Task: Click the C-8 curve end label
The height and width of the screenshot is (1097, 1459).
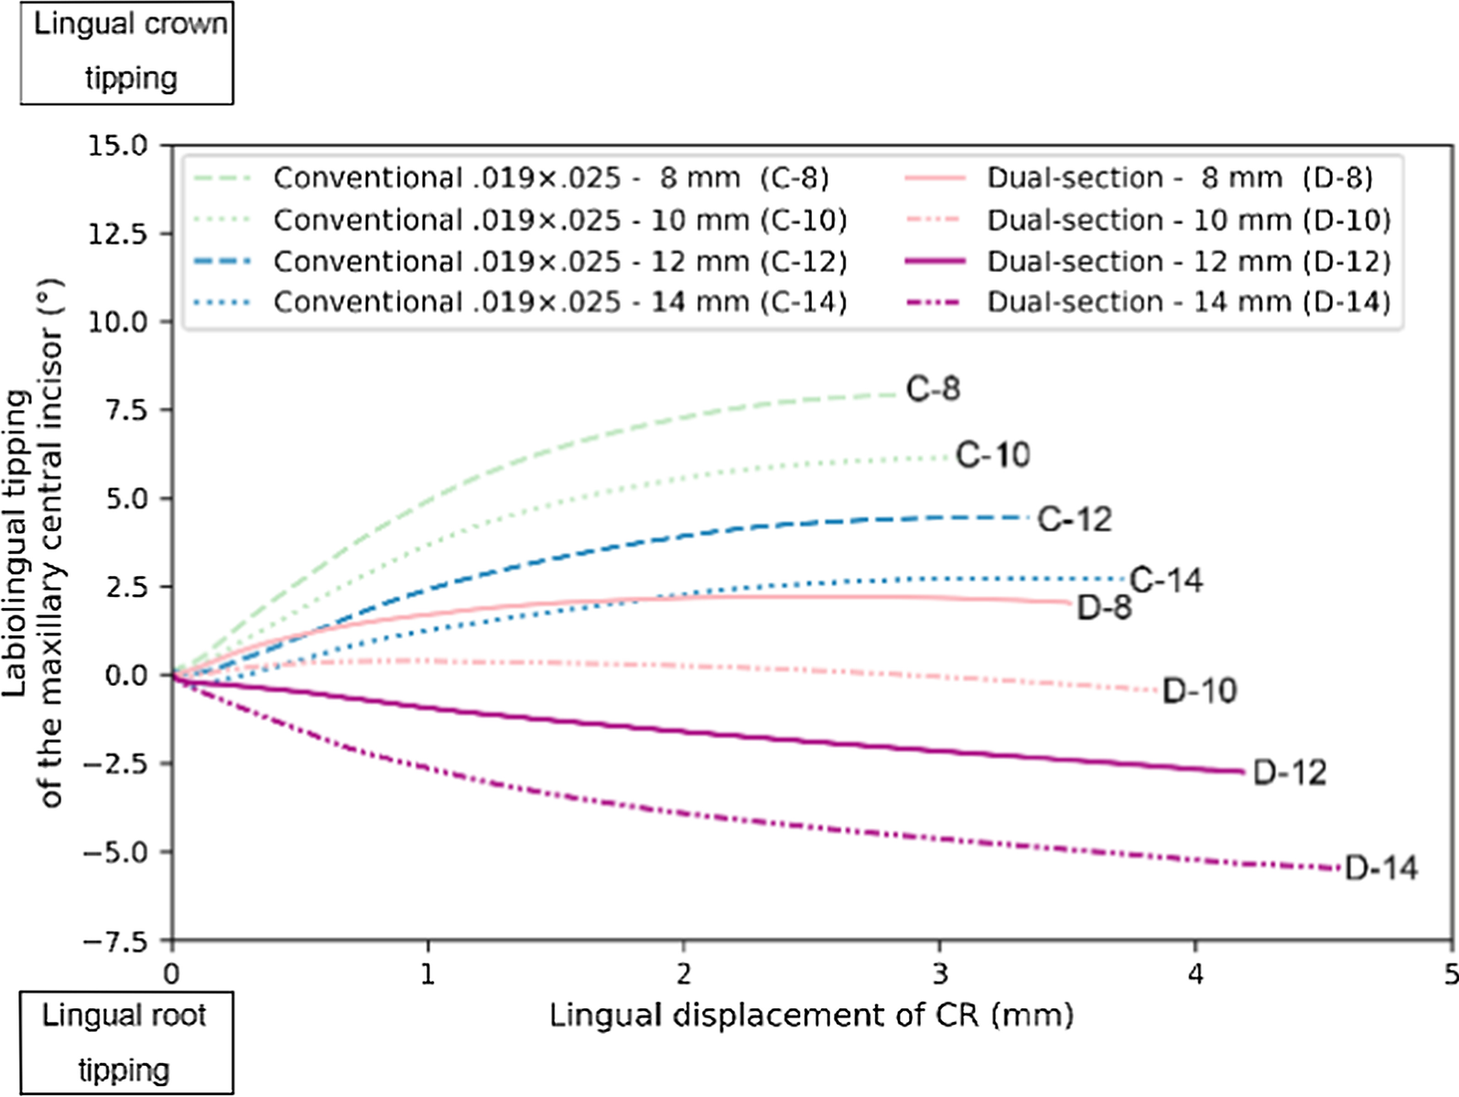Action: (x=933, y=389)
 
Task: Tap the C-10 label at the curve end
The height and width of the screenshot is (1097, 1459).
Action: (x=992, y=454)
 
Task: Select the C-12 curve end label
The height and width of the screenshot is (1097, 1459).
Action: (x=1075, y=519)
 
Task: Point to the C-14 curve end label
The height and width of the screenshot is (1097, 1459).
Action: (x=1166, y=580)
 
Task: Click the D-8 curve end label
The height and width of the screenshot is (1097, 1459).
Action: (x=1104, y=607)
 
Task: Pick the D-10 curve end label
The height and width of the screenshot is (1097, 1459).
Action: (x=1199, y=690)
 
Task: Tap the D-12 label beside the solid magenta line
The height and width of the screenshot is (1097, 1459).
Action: (x=1289, y=773)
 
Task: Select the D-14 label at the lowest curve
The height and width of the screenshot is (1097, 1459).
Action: (x=1381, y=868)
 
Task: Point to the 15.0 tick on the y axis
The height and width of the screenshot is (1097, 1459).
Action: (x=117, y=146)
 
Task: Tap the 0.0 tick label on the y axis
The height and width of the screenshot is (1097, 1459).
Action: (x=126, y=676)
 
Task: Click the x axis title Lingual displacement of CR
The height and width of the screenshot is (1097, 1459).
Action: (x=811, y=1016)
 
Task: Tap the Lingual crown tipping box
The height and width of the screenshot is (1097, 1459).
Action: (x=127, y=51)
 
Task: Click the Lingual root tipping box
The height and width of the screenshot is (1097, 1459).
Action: (x=126, y=1042)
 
